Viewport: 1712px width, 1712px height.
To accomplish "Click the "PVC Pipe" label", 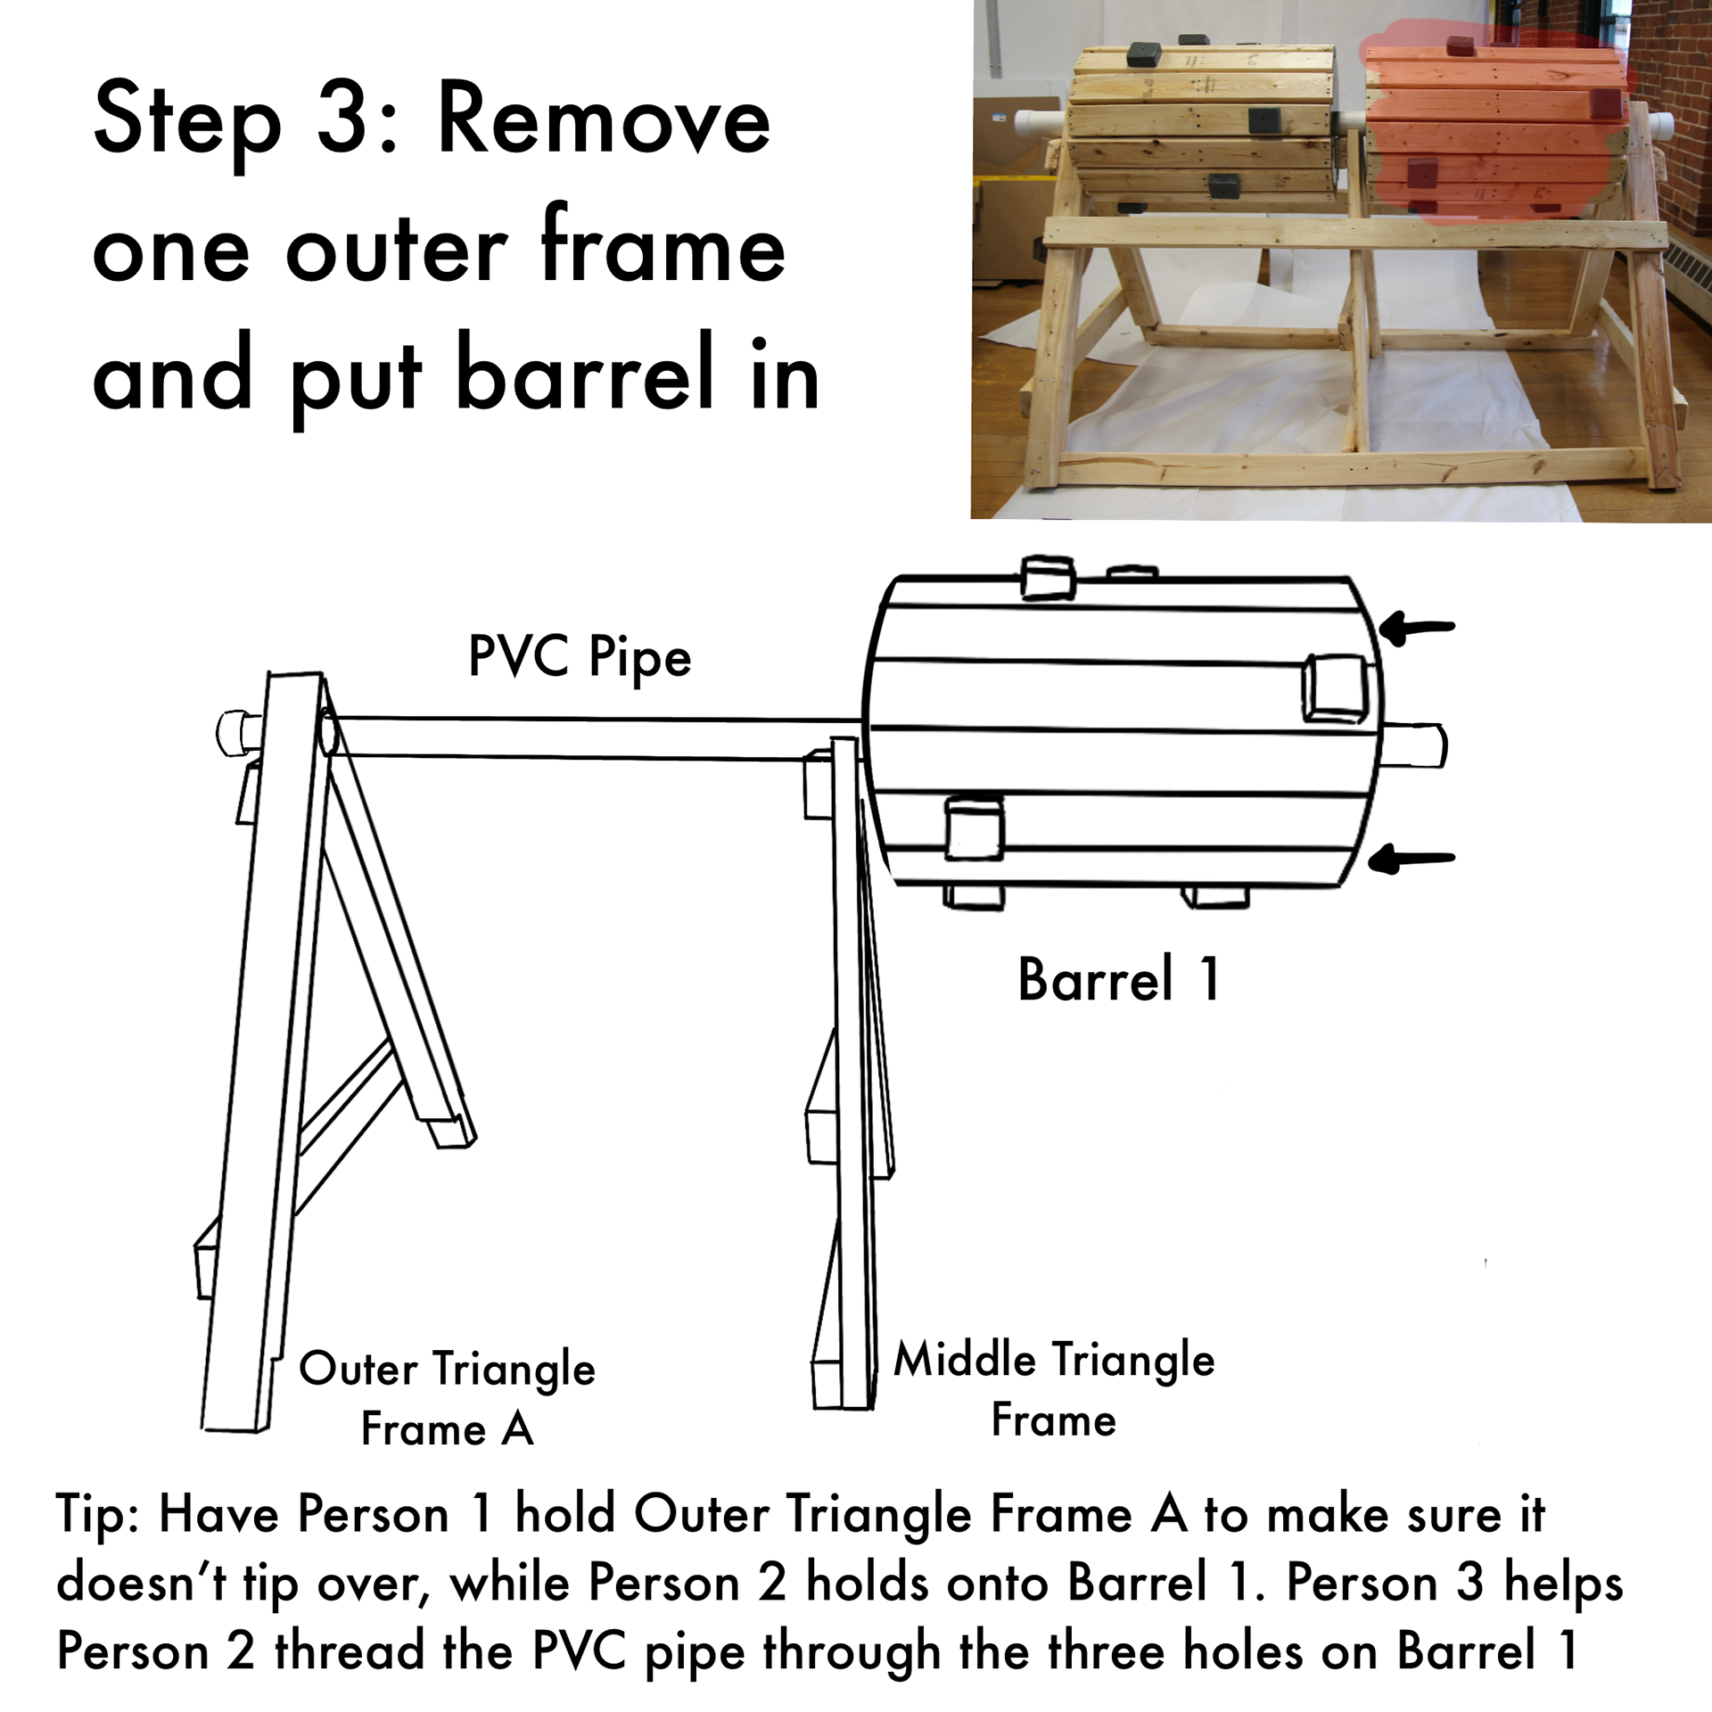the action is [580, 659].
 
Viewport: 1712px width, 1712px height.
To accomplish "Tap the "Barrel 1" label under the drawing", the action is [1119, 979].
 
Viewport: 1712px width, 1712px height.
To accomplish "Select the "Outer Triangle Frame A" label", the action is [447, 1398].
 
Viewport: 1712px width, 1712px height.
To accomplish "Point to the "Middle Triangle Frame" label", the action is [1054, 1389].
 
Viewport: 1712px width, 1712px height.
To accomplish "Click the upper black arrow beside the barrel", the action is [1417, 628].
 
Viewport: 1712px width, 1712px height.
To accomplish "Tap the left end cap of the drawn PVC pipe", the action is [234, 733].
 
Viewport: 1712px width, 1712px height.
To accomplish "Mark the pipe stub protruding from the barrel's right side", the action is [1413, 745].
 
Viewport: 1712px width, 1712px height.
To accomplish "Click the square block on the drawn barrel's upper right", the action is [1335, 688].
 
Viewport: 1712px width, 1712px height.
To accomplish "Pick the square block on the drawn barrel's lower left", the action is [974, 828].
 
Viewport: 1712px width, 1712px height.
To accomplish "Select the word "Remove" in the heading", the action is [604, 119].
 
